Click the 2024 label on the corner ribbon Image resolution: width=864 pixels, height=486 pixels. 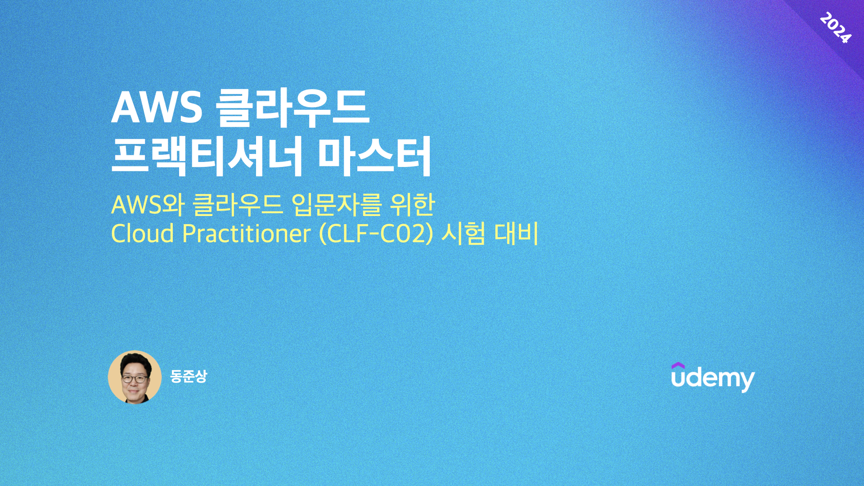pyautogui.click(x=835, y=28)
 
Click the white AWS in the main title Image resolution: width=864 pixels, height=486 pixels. pyautogui.click(x=157, y=108)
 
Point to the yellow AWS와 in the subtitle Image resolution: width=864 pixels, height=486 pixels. pyautogui.click(x=148, y=205)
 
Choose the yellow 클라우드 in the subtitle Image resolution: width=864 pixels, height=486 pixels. pyautogui.click(x=238, y=205)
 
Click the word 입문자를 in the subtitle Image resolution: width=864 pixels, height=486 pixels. pyautogui.click(x=337, y=205)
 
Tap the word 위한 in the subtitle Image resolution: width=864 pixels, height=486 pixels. pyautogui.click(x=412, y=205)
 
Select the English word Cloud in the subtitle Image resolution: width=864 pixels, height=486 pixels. pyautogui.click(x=142, y=234)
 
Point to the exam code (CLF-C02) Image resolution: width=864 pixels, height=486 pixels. pyautogui.click(x=376, y=234)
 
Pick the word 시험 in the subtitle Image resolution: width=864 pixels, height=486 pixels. pyautogui.click(x=463, y=234)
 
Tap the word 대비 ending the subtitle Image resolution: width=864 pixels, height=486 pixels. pyautogui.click(x=517, y=234)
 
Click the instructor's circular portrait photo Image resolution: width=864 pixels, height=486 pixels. pyautogui.click(x=135, y=377)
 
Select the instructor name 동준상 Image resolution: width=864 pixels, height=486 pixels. pyautogui.click(x=189, y=376)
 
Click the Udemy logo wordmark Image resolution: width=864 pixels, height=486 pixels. pyautogui.click(x=713, y=378)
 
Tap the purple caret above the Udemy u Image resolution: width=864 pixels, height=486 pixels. pyautogui.click(x=678, y=366)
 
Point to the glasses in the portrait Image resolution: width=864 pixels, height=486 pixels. pyautogui.click(x=134, y=379)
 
